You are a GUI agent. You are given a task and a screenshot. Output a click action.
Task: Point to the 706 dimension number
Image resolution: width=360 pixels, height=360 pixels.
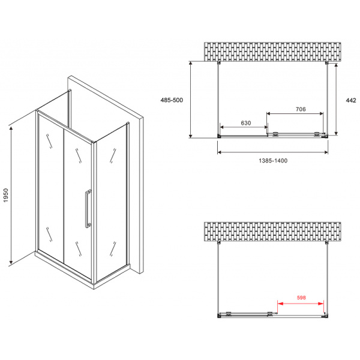pos(301,109)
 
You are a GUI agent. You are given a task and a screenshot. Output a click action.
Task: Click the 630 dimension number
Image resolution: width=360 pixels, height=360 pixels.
pos(245,123)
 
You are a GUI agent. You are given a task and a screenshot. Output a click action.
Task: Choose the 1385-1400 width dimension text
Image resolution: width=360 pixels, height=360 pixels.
pos(271,161)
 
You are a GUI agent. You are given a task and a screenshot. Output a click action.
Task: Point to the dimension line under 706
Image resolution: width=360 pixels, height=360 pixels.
pos(295,113)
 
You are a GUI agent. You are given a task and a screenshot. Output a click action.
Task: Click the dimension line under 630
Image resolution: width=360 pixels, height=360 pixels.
pos(244,127)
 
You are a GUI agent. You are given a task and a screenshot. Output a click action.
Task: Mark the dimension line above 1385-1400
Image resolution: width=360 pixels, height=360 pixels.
pos(272,152)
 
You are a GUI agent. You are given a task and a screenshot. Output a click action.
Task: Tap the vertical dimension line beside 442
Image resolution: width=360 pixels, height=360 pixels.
pos(336,99)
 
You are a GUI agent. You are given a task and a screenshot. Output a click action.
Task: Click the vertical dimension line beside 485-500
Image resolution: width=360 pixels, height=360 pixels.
pos(191,99)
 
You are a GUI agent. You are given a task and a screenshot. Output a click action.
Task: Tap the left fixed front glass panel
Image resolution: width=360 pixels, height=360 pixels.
pos(51,186)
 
